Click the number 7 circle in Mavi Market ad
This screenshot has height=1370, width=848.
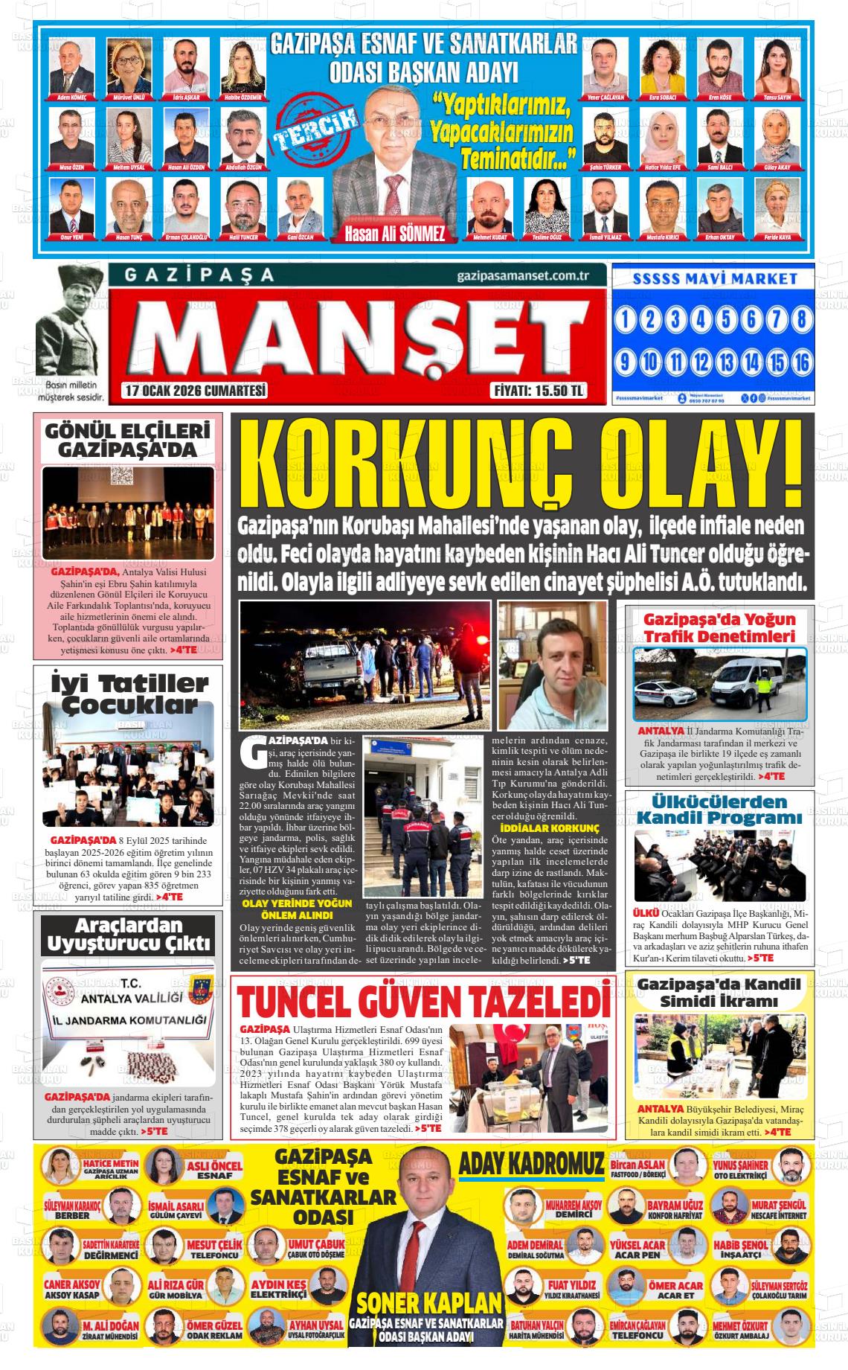[777, 321]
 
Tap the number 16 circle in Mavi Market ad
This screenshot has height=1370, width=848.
[801, 362]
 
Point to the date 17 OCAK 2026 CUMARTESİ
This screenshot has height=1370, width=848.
[196, 391]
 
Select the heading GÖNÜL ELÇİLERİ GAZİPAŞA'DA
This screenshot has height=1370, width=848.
[127, 440]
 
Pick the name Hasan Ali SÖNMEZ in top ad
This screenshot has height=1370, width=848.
[394, 234]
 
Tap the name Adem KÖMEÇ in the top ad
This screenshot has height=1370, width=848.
[72, 97]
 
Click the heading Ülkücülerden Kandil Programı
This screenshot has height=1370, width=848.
[719, 810]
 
